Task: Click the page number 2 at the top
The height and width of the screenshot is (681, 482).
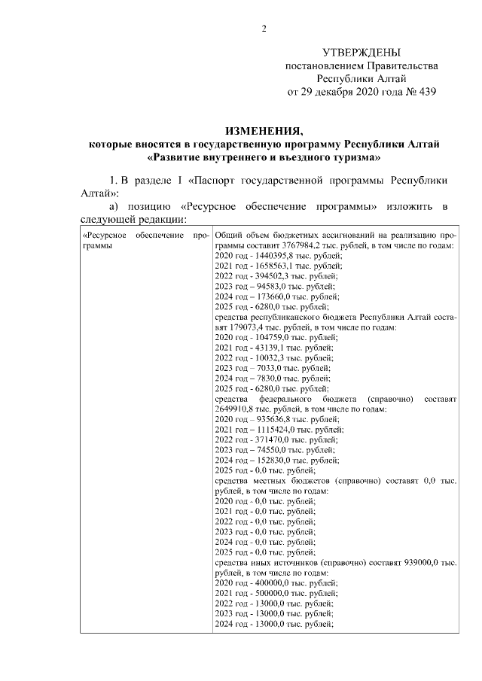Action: [x=263, y=29]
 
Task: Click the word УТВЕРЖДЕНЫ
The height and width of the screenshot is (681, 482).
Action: [x=361, y=53]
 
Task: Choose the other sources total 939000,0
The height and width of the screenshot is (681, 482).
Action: [x=421, y=561]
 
